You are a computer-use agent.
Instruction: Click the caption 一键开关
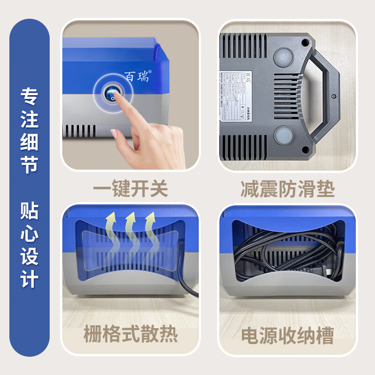coord(130,189)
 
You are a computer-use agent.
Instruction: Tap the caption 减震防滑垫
coord(287,189)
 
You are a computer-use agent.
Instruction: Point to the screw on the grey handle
coord(333,96)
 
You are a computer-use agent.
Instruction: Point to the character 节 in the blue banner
coord(29,165)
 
